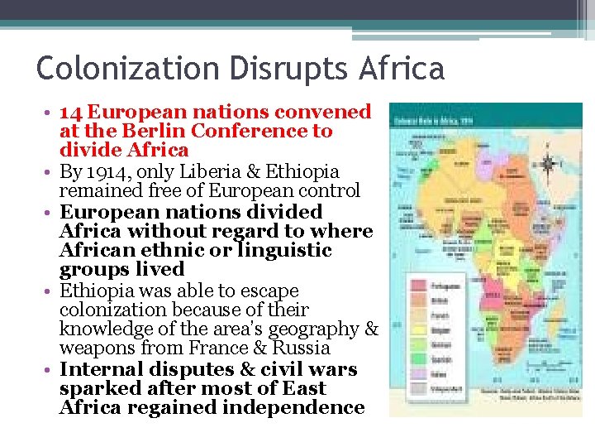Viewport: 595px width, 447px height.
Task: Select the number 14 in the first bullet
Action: coord(70,112)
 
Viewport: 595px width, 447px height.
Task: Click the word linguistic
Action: coord(285,250)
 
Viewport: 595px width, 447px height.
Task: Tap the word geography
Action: coord(312,329)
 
